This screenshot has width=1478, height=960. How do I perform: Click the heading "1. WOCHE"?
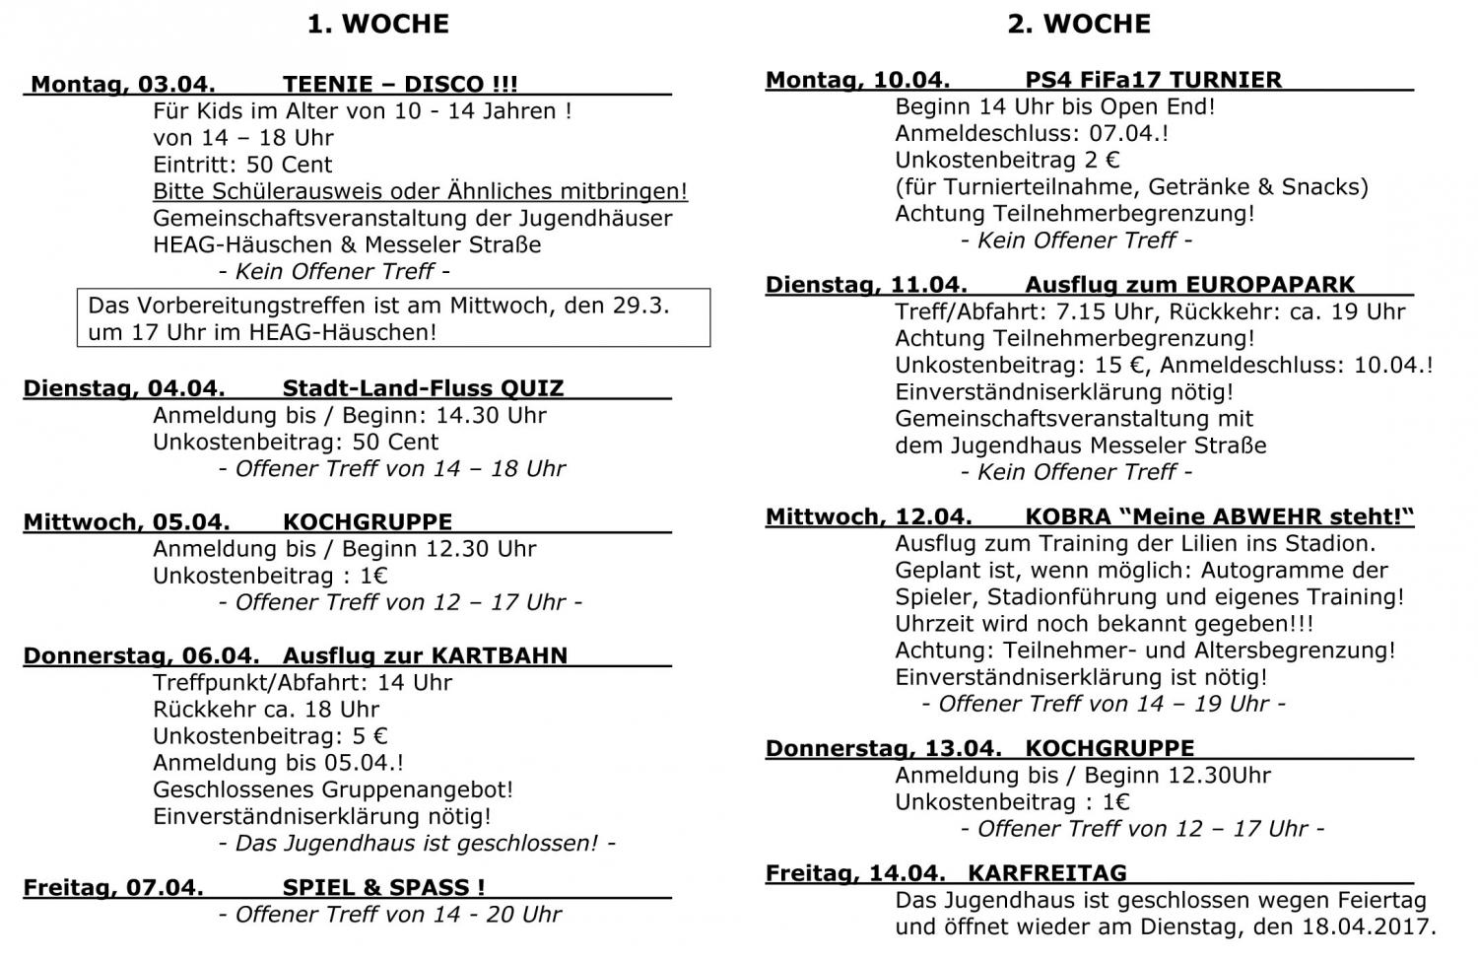[x=377, y=24]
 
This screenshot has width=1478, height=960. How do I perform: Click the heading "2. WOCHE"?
[x=1078, y=24]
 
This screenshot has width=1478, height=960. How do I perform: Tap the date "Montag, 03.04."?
[x=123, y=84]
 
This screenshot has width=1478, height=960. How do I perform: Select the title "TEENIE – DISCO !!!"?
[x=399, y=84]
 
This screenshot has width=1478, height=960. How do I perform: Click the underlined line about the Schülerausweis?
[x=420, y=191]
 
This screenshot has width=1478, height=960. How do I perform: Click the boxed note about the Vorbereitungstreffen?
[x=393, y=317]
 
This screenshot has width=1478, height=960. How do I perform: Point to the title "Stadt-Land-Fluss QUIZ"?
[x=423, y=388]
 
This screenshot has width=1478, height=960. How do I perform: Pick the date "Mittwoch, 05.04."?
[x=126, y=521]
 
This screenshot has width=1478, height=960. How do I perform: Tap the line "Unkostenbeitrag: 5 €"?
[x=270, y=735]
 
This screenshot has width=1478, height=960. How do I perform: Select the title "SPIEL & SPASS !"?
[x=383, y=887]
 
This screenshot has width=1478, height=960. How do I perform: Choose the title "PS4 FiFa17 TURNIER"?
[x=1153, y=80]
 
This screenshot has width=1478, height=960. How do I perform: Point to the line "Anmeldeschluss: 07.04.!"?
[x=1032, y=133]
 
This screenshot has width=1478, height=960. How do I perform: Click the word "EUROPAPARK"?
[x=1270, y=285]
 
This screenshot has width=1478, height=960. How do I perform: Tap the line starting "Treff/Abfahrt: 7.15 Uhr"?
[x=1149, y=311]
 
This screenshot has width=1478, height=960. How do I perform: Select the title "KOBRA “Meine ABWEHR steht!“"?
[x=1219, y=516]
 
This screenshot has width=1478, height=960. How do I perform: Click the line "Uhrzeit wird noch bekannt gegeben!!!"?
[x=1104, y=623]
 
